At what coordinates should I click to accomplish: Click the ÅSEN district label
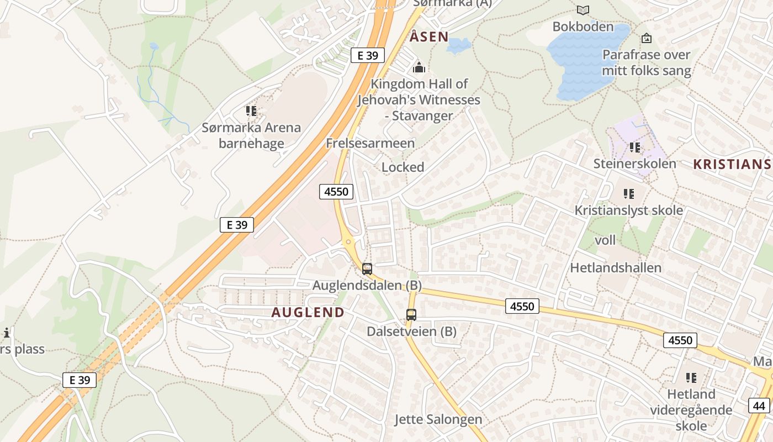click(x=429, y=37)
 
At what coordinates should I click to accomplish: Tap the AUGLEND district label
click(x=308, y=312)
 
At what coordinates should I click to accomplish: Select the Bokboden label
click(x=583, y=27)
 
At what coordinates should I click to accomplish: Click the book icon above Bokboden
click(x=583, y=10)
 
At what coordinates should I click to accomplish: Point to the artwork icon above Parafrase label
click(x=646, y=38)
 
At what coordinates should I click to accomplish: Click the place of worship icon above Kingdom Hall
click(x=419, y=68)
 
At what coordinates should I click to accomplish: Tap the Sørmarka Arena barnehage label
click(x=251, y=135)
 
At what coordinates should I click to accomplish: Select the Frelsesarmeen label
click(x=370, y=143)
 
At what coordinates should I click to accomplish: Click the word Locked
click(x=403, y=167)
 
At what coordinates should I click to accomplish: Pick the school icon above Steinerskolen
click(x=634, y=148)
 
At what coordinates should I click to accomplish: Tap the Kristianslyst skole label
click(x=628, y=211)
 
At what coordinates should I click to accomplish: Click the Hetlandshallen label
click(x=615, y=268)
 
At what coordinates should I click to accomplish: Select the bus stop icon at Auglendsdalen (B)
click(x=367, y=269)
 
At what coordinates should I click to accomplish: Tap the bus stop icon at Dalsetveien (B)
click(x=411, y=315)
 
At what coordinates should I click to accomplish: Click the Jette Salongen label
click(x=438, y=419)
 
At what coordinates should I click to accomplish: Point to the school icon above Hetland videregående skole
click(x=691, y=378)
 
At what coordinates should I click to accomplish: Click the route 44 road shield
click(x=760, y=406)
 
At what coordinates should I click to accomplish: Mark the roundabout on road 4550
click(x=348, y=241)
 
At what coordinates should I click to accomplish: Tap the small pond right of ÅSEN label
click(x=458, y=45)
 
